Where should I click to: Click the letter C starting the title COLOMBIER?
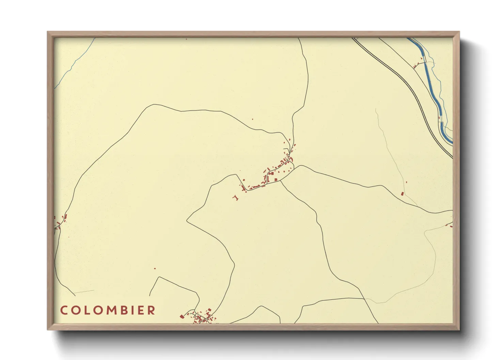point(64,310)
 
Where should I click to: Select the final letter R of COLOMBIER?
point(152,310)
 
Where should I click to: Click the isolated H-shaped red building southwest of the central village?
point(235,197)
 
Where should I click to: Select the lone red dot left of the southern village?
point(155,268)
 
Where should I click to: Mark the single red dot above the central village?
point(252,119)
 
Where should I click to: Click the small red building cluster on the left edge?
point(61,221)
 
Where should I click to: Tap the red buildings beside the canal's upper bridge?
point(416,65)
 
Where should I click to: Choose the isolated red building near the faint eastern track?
point(402,194)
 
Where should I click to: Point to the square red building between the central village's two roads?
point(276,179)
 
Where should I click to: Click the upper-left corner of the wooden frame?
point(48,32)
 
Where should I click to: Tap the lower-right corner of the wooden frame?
point(459,329)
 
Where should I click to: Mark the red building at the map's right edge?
point(451,226)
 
